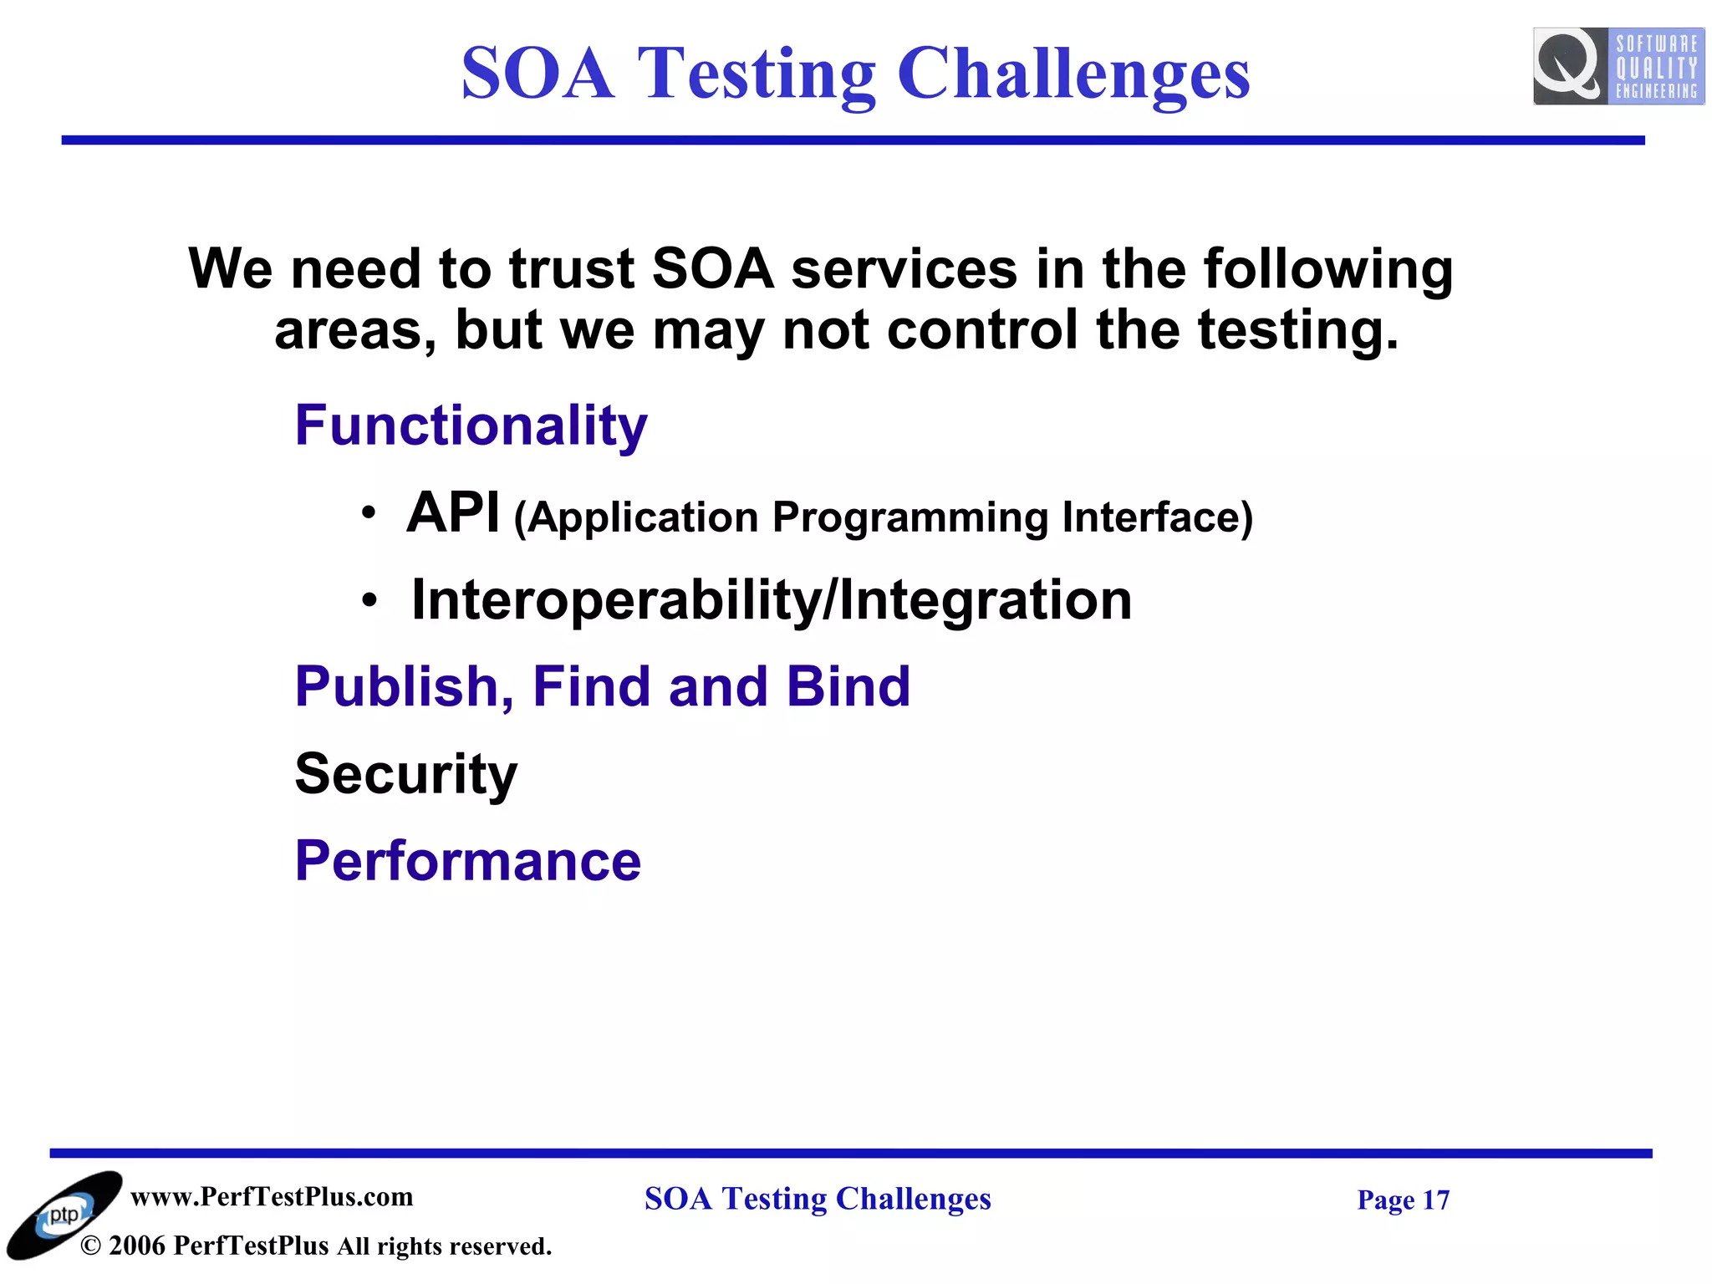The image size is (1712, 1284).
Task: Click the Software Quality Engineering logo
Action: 1618,66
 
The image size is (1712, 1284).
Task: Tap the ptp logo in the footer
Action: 64,1215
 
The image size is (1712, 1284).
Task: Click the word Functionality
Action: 471,425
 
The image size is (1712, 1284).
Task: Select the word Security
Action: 406,773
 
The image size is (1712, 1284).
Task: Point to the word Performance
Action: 468,861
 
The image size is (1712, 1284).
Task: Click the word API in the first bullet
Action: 453,512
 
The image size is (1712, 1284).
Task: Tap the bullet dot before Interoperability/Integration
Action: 369,600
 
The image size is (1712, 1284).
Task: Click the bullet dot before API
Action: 369,512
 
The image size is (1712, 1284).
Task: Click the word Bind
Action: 848,687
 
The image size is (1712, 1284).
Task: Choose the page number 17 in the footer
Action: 1435,1200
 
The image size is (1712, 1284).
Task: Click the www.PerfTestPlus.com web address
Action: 272,1196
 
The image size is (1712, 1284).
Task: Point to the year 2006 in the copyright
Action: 137,1246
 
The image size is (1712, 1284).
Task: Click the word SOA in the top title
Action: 538,74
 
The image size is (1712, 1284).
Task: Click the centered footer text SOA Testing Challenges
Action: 817,1199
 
